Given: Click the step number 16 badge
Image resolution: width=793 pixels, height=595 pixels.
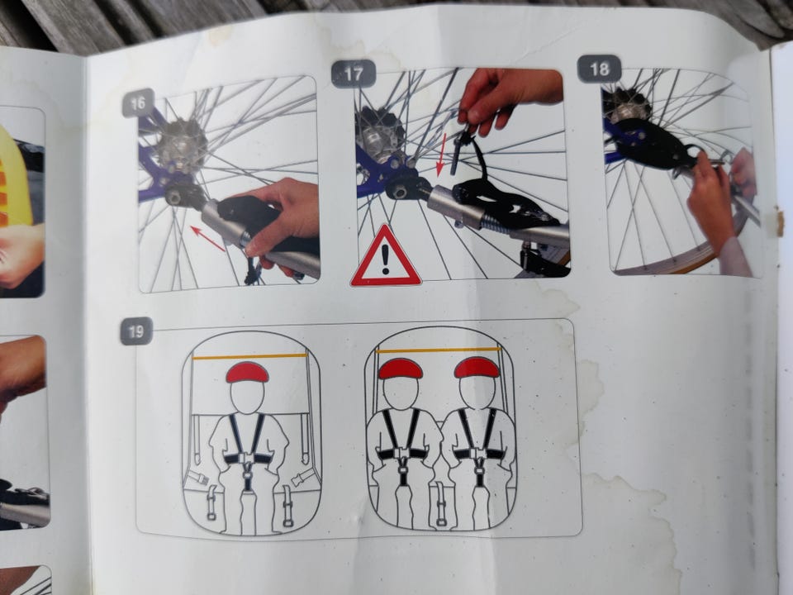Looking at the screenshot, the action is [138, 103].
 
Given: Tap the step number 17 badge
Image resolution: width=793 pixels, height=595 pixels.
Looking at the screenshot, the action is [354, 74].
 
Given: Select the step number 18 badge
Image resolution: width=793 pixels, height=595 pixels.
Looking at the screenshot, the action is [600, 69].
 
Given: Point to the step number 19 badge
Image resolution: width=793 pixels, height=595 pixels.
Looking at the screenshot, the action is [136, 331].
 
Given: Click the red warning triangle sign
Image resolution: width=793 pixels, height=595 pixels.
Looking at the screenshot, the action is [386, 257].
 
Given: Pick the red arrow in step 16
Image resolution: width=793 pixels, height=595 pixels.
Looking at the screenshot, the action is [208, 239].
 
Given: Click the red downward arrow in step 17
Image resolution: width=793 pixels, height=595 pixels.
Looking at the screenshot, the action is [441, 155].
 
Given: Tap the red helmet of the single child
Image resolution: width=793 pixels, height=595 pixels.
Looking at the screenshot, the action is [247, 373].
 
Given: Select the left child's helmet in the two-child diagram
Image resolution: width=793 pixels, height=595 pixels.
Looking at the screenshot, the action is [401, 369].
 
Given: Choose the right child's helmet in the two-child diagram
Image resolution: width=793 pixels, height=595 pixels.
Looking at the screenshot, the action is [477, 368].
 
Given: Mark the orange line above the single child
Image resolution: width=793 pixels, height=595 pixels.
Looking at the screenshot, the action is [249, 357].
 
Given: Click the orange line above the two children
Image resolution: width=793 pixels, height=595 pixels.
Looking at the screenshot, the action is [439, 350].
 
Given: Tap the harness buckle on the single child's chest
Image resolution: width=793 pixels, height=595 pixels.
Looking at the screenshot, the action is [247, 458].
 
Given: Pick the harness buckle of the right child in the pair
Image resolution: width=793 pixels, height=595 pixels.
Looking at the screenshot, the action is [477, 454].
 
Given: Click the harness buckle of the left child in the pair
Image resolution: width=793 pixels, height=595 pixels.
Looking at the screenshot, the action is [402, 454].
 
